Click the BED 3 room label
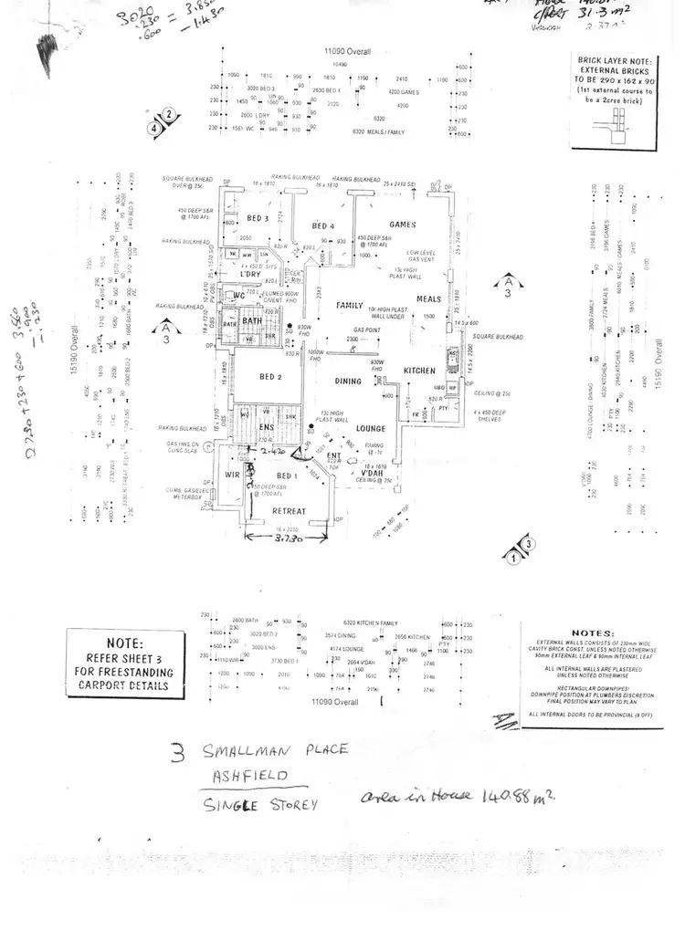pyautogui.click(x=257, y=218)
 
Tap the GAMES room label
pyautogui.click(x=402, y=225)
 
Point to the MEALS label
pyautogui.click(x=429, y=298)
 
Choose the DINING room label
pyautogui.click(x=348, y=382)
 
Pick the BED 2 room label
pyautogui.click(x=270, y=377)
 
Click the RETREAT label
pyautogui.click(x=289, y=511)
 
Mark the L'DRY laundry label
pyautogui.click(x=250, y=275)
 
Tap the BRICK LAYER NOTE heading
pyautogui.click(x=614, y=60)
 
